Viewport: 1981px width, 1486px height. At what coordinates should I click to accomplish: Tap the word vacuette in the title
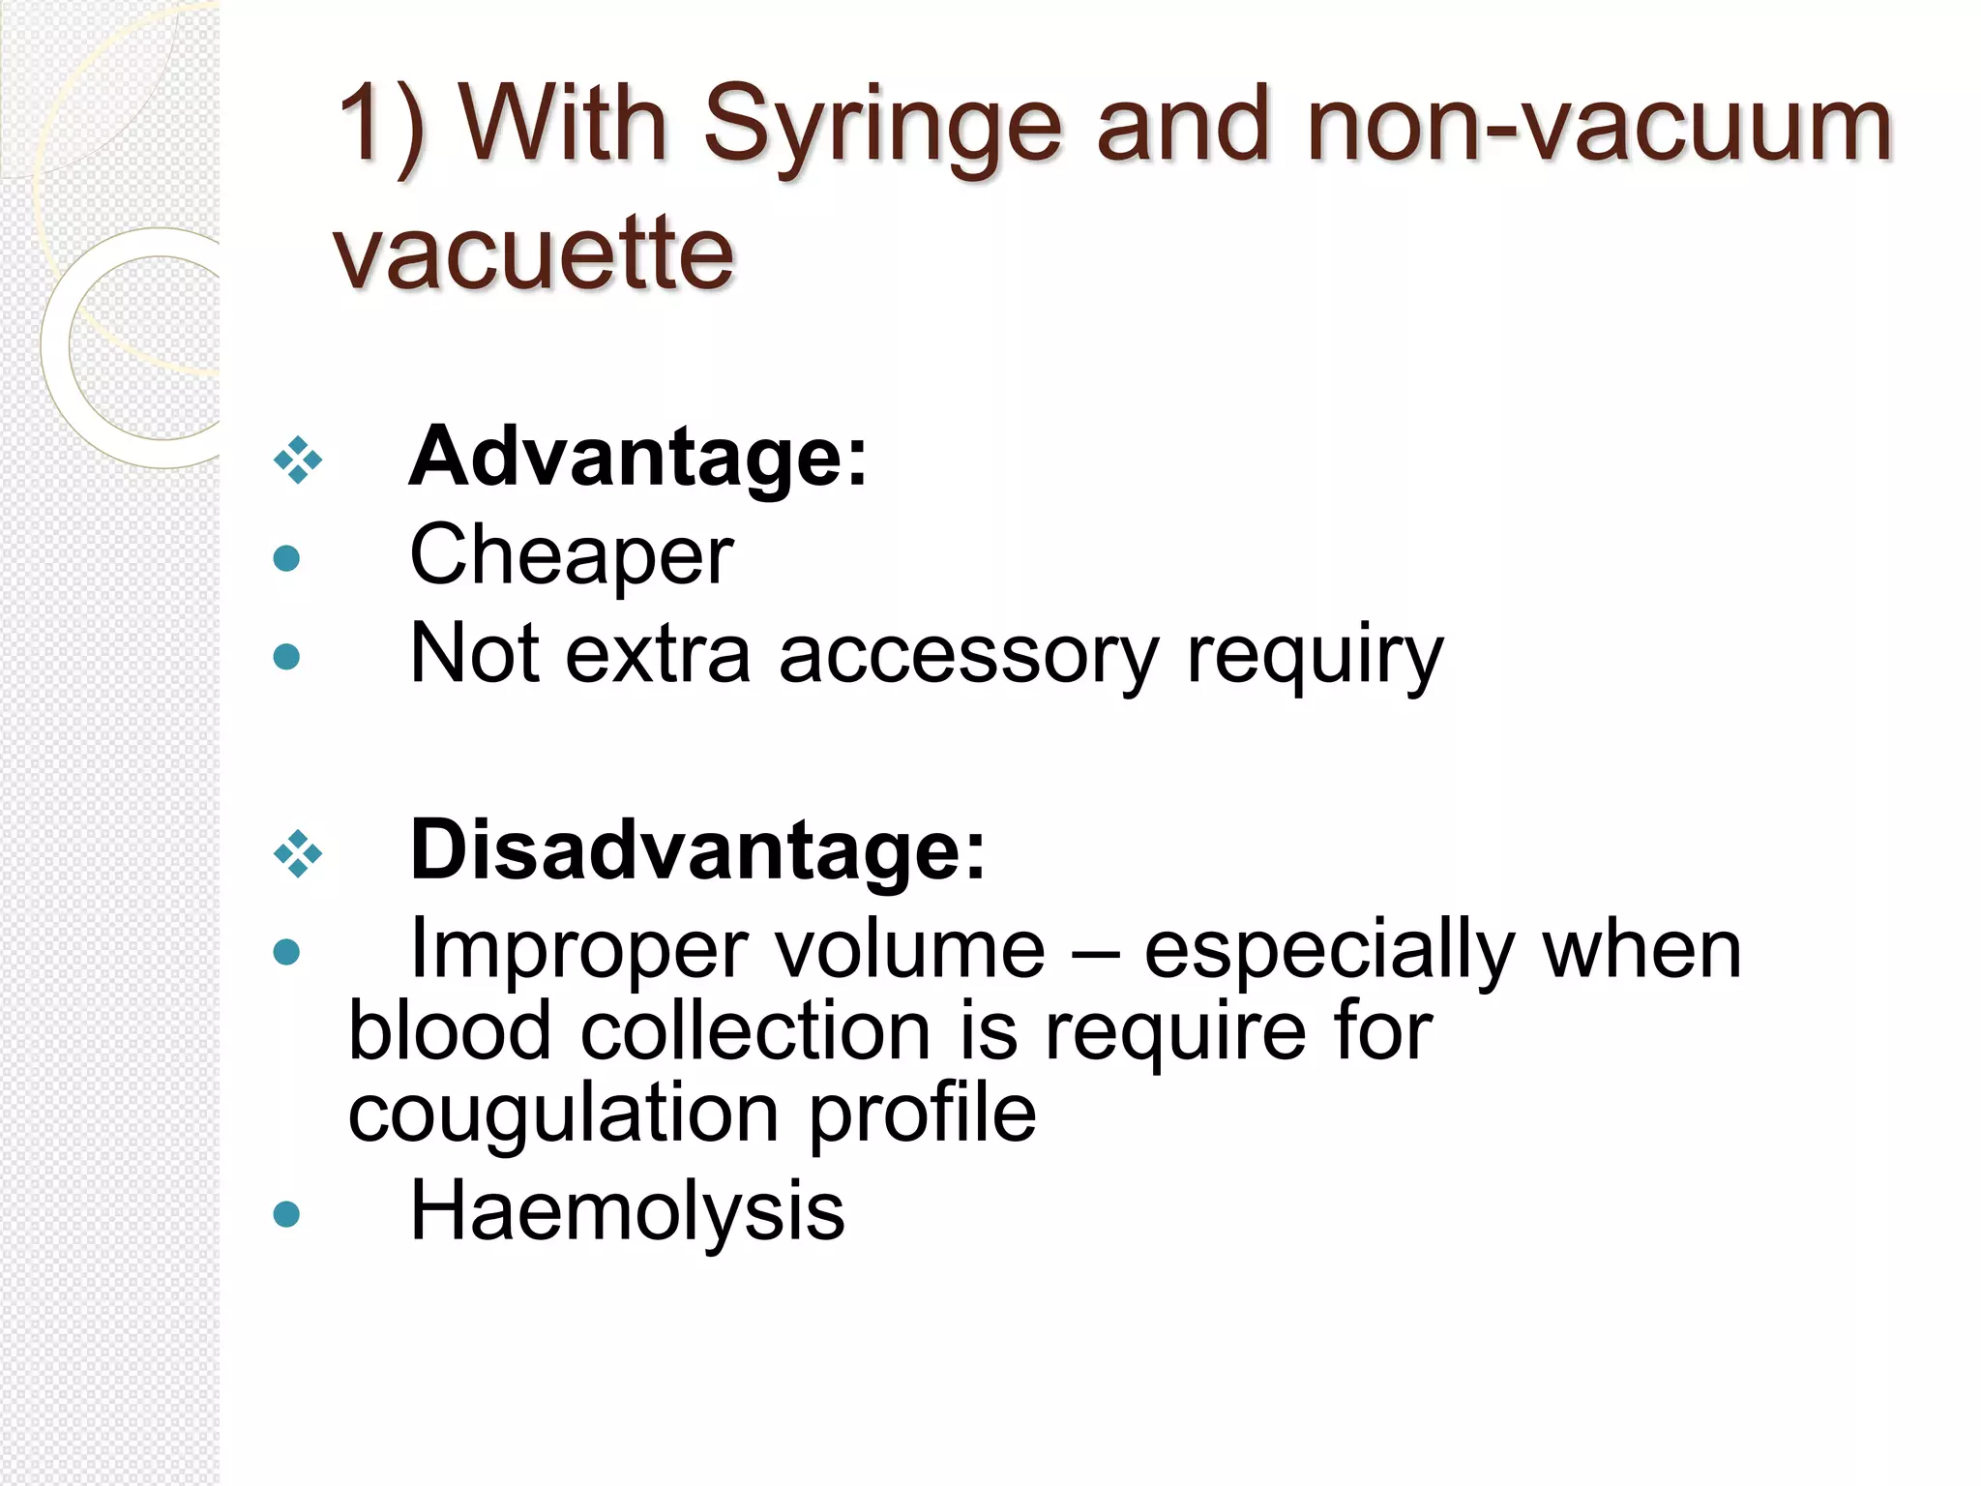(533, 253)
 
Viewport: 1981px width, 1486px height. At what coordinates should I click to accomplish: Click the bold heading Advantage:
(638, 457)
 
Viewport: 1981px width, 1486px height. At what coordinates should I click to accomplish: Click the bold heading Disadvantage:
(697, 850)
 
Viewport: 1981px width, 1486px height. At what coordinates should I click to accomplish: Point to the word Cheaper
(572, 555)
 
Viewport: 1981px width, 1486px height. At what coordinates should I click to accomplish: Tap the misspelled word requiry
(1315, 657)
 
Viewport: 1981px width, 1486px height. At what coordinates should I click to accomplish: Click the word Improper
(577, 950)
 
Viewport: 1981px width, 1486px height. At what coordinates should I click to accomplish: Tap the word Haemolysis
(627, 1211)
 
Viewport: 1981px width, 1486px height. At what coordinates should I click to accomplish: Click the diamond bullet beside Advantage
(297, 461)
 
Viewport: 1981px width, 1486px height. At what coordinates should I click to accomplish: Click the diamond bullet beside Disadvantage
(297, 854)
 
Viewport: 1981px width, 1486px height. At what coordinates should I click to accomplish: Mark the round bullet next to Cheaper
(286, 558)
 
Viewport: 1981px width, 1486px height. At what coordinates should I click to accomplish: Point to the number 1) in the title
(381, 126)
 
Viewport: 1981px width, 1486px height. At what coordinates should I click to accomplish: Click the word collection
(755, 1031)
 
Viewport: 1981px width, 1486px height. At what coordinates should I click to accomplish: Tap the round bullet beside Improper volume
(286, 953)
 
